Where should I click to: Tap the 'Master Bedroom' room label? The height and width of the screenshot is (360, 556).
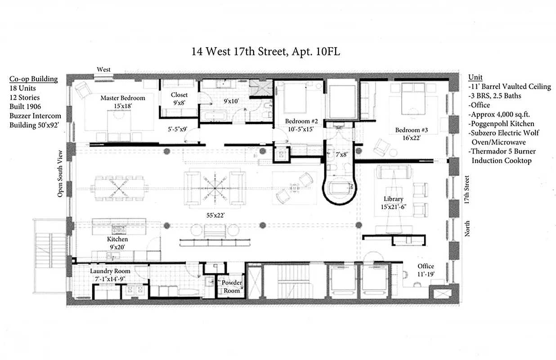click(122, 98)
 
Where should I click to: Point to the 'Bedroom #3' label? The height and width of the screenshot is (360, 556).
click(411, 130)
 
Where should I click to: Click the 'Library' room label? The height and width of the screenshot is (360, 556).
click(393, 199)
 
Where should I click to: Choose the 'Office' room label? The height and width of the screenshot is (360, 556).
click(426, 266)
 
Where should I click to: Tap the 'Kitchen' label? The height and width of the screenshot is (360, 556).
click(117, 239)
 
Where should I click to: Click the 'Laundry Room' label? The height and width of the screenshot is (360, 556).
click(110, 271)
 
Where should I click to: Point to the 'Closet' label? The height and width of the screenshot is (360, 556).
click(179, 95)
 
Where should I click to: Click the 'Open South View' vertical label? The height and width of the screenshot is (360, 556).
click(59, 173)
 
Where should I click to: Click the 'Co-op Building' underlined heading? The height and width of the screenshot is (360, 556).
click(34, 79)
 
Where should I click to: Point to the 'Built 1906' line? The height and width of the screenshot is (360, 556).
click(26, 107)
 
